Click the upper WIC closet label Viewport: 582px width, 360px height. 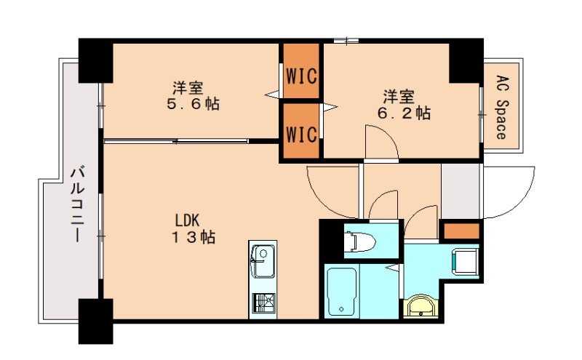(x=301, y=75)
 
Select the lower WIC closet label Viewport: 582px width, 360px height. (x=301, y=135)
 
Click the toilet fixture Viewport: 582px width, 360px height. (x=360, y=241)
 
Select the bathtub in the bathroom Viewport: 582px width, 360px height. (x=341, y=290)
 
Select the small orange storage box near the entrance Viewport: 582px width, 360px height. (x=461, y=232)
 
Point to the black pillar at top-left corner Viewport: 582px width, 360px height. (x=95, y=61)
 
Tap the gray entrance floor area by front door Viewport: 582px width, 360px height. (x=461, y=191)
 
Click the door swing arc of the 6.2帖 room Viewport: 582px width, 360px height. (x=379, y=141)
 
